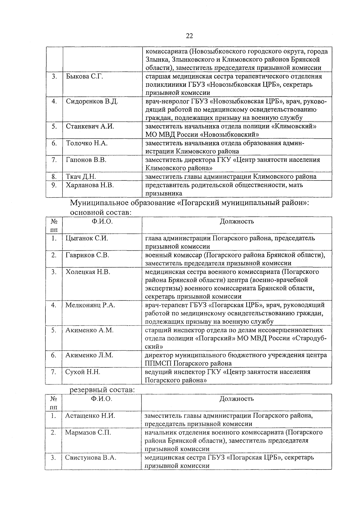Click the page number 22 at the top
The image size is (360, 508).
(189, 36)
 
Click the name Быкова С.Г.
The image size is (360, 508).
(84, 77)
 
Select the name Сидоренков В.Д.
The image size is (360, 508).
(92, 101)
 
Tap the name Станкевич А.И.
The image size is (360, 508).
(90, 126)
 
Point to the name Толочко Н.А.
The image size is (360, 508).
(86, 143)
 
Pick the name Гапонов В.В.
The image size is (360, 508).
(86, 160)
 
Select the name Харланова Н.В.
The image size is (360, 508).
(90, 185)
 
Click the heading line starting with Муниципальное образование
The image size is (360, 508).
(189, 203)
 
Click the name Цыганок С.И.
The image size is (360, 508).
(86, 238)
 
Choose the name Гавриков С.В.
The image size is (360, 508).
(87, 255)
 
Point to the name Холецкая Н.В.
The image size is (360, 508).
(88, 272)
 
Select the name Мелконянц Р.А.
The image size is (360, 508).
(90, 305)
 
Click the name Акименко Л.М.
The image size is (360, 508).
(89, 355)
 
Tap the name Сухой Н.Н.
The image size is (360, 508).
(82, 372)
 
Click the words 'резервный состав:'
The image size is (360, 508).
(102, 390)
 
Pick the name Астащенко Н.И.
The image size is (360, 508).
(90, 416)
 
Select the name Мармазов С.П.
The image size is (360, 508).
(88, 433)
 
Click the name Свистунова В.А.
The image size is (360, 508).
(91, 458)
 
